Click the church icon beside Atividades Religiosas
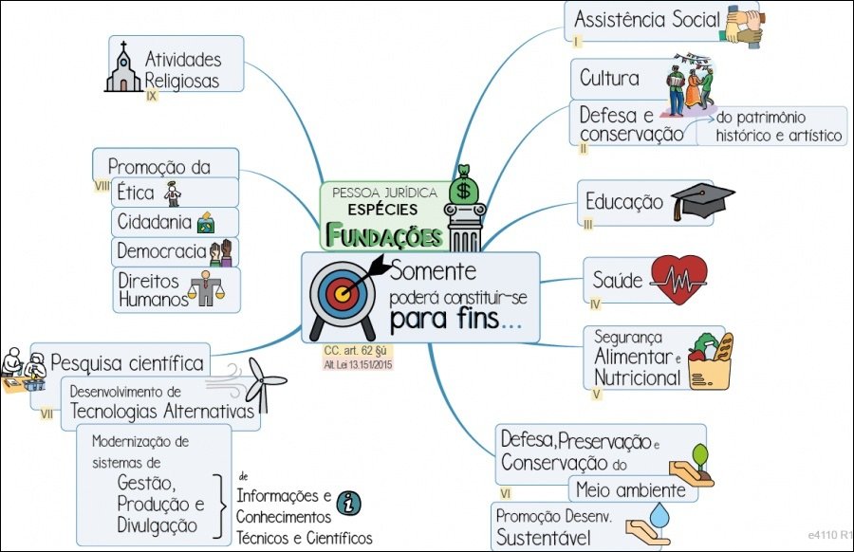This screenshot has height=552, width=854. [x=122, y=67]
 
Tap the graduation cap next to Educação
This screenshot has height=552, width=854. [x=702, y=201]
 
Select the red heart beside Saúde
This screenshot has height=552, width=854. [x=678, y=280]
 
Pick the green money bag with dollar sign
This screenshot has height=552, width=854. [x=464, y=186]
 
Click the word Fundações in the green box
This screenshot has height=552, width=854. [x=385, y=233]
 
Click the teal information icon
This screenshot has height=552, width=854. [x=349, y=503]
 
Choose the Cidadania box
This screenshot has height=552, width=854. [x=174, y=222]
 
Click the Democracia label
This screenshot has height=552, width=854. [x=161, y=251]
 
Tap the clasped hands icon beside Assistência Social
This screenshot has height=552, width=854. [x=745, y=25]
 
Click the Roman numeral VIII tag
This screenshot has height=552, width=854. [x=102, y=186]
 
